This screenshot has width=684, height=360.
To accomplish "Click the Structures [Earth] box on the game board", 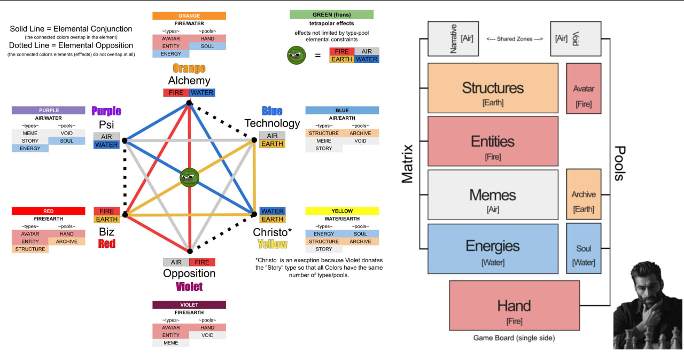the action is click(x=493, y=88).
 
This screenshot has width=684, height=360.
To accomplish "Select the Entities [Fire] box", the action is click(x=493, y=141).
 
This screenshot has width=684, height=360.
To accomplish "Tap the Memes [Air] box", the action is click(x=493, y=194).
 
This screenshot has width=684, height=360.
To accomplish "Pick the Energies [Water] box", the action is click(x=493, y=249).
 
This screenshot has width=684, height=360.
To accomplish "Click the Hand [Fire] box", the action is click(x=514, y=306).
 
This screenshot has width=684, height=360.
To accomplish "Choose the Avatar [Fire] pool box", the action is click(x=584, y=89).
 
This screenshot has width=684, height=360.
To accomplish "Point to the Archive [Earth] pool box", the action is click(x=584, y=194).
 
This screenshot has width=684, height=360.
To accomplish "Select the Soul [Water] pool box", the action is click(x=584, y=248).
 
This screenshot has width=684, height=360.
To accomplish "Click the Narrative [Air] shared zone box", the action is click(x=453, y=39).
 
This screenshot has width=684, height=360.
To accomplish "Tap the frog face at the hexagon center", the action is click(x=190, y=177).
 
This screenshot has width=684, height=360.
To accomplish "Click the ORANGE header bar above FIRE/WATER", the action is click(x=189, y=15).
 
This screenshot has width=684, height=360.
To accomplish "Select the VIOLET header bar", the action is click(x=189, y=305).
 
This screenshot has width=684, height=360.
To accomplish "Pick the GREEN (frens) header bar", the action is click(x=331, y=14).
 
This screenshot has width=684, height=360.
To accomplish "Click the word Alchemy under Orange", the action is click(x=189, y=81).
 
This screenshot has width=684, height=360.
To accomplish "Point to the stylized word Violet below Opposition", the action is click(x=189, y=287).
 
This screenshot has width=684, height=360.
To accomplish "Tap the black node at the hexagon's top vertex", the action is click(x=189, y=103).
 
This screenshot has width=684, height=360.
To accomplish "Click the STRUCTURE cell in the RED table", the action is click(x=30, y=249).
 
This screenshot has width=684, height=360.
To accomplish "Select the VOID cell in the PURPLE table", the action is click(x=67, y=134).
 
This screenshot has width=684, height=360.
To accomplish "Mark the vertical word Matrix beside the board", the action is click(x=407, y=164).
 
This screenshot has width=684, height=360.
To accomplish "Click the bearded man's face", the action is click(x=649, y=286).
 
